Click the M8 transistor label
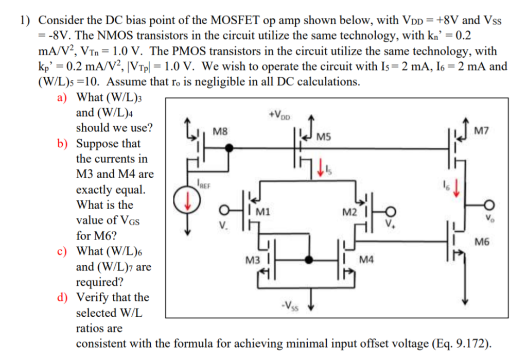coord(219,131)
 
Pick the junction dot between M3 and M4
coord(309,260)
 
